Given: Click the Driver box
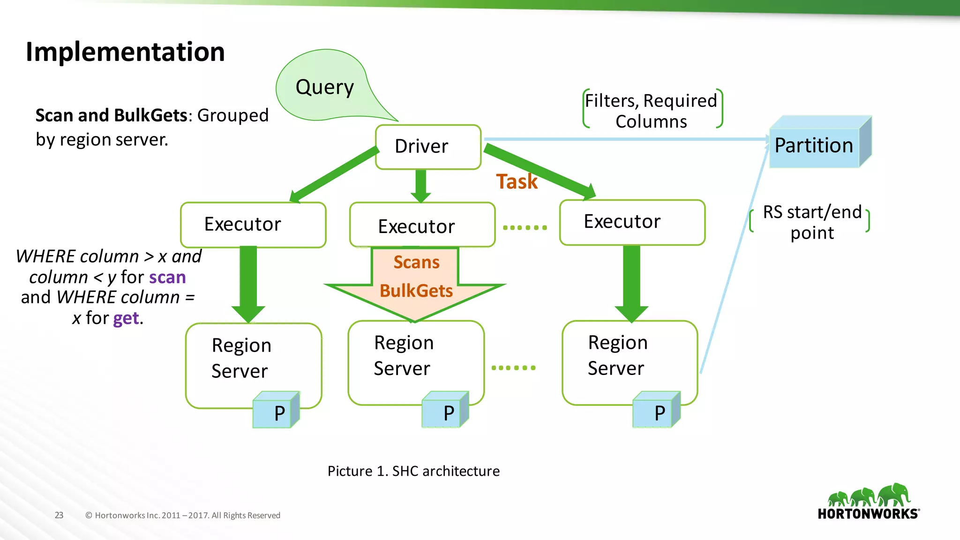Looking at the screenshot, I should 427,147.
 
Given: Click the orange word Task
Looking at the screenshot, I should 517,182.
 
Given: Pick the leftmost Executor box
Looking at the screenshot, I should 253,225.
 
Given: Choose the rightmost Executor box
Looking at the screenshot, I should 632,222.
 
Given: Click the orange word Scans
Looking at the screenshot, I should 416,262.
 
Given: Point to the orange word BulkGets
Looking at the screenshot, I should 416,291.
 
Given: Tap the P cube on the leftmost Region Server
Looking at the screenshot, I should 276,411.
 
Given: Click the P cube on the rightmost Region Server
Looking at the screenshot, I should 656,411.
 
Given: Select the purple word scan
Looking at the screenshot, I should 167,277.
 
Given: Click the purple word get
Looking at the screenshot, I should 126,318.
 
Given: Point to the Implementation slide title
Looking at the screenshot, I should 125,52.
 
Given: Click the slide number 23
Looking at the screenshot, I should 59,515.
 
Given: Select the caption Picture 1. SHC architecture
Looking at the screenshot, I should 413,471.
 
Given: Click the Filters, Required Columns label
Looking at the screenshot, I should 651,111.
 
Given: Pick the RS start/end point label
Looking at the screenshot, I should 812,222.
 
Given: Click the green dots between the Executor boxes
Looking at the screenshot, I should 525,228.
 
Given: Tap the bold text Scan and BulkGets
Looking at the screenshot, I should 112,115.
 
